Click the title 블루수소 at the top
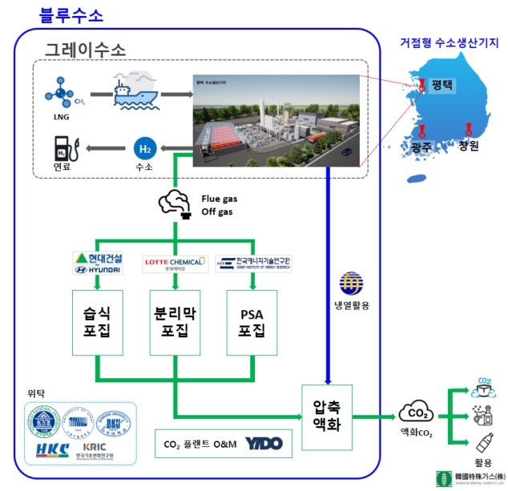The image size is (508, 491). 71,15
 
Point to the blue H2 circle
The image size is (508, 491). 144,148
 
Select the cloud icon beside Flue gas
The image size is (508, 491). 175,203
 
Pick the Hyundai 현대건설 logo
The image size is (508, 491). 97,264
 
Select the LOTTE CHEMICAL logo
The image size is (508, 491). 174,264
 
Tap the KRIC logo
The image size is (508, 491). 102,449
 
